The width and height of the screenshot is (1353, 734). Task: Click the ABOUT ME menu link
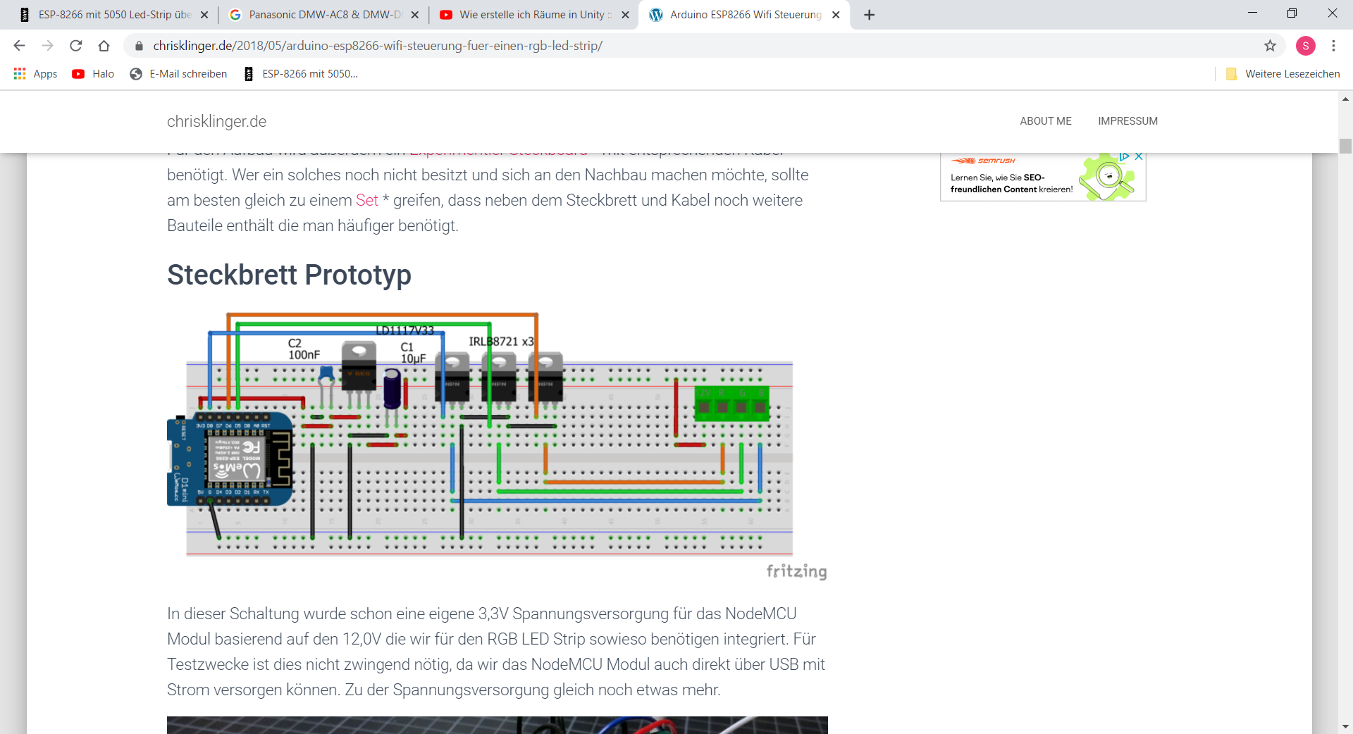pyautogui.click(x=1045, y=121)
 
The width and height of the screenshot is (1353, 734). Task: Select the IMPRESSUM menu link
pyautogui.click(x=1127, y=121)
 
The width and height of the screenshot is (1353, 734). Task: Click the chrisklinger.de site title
pyautogui.click(x=216, y=121)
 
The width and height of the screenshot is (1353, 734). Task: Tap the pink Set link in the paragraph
pyautogui.click(x=366, y=201)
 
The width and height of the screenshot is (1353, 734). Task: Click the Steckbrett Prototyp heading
pyautogui.click(x=289, y=275)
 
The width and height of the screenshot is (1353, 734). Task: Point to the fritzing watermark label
pyautogui.click(x=796, y=571)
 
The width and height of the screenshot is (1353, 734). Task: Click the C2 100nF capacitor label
pyautogui.click(x=304, y=349)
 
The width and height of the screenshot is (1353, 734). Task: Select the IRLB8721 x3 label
pyautogui.click(x=501, y=342)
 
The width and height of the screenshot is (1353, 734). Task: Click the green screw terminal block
pyautogui.click(x=731, y=404)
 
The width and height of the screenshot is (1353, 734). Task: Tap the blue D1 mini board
pyautogui.click(x=229, y=459)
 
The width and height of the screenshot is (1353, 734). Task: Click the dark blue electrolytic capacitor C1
pyautogui.click(x=393, y=389)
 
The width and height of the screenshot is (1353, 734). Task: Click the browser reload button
pyautogui.click(x=76, y=46)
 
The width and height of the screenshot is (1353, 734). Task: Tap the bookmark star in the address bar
pyautogui.click(x=1270, y=46)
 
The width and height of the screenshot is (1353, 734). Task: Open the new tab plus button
pyautogui.click(x=870, y=15)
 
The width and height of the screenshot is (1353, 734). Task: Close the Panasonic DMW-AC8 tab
pyautogui.click(x=414, y=15)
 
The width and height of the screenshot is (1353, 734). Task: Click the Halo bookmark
pyautogui.click(x=93, y=74)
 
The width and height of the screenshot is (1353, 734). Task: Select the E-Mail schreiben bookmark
pyautogui.click(x=179, y=74)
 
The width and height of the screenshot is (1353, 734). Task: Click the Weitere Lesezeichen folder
pyautogui.click(x=1283, y=74)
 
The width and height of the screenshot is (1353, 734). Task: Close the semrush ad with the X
pyautogui.click(x=1139, y=156)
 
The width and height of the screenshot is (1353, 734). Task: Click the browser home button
pyautogui.click(x=104, y=46)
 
